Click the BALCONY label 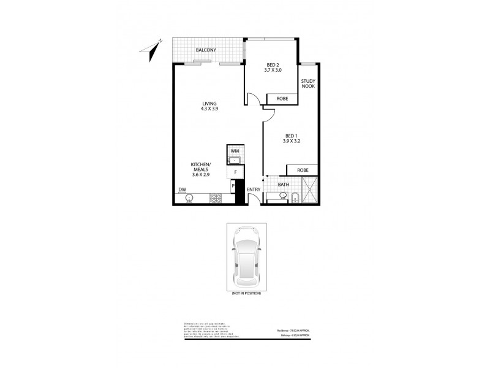pyautogui.click(x=205, y=49)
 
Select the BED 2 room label pyautogui.click(x=273, y=65)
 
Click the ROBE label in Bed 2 pyautogui.click(x=282, y=98)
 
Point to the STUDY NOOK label pyautogui.click(x=307, y=83)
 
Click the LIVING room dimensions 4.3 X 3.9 pyautogui.click(x=209, y=109)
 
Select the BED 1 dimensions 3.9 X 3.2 pyautogui.click(x=292, y=141)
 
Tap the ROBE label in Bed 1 pyautogui.click(x=302, y=170)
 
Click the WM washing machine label pyautogui.click(x=235, y=150)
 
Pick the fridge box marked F pyautogui.click(x=235, y=172)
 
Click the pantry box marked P pyautogui.click(x=233, y=186)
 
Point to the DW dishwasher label pyautogui.click(x=182, y=190)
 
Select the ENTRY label pyautogui.click(x=254, y=190)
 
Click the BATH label pyautogui.click(x=284, y=184)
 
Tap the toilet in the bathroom pyautogui.click(x=295, y=197)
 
